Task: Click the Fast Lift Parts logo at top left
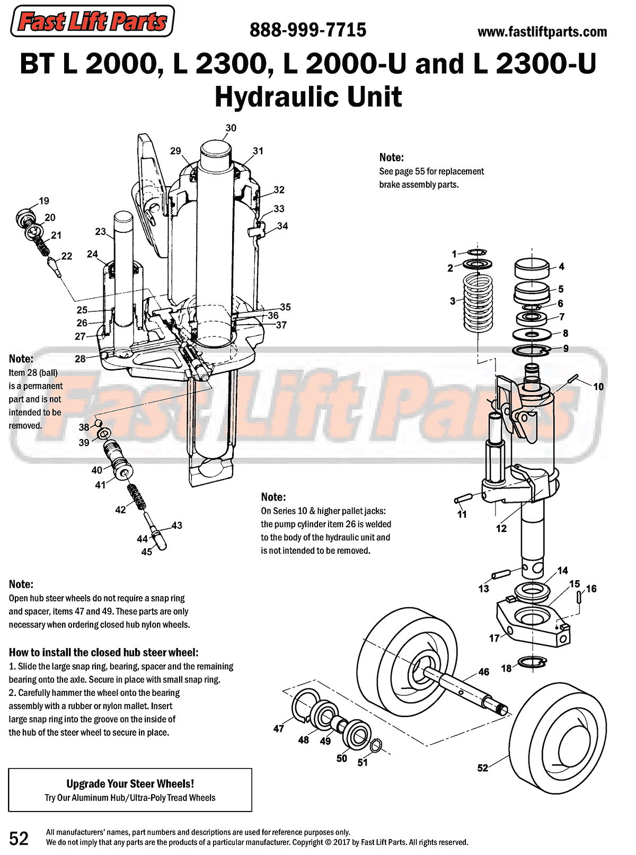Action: click(x=92, y=21)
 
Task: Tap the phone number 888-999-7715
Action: click(x=307, y=30)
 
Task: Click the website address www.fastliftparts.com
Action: click(x=542, y=32)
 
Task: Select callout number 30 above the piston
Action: click(x=231, y=128)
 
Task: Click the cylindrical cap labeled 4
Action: click(x=531, y=267)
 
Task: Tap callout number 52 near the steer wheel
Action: click(x=482, y=768)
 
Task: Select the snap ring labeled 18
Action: click(x=532, y=662)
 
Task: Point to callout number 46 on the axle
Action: click(x=483, y=672)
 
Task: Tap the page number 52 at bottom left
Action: click(x=19, y=838)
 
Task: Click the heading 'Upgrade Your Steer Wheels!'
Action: click(x=130, y=783)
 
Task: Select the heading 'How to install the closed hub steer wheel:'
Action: click(x=103, y=652)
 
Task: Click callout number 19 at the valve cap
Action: click(x=44, y=201)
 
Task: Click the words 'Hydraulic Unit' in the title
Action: click(x=308, y=97)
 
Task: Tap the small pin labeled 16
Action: click(x=579, y=597)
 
